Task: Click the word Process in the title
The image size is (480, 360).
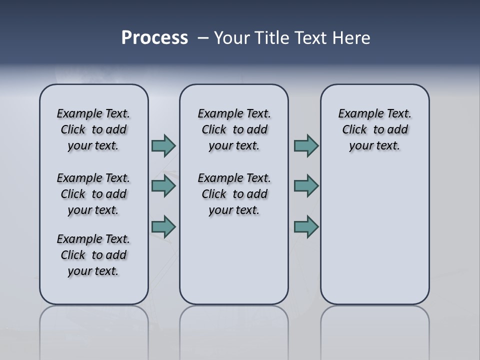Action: coord(154,38)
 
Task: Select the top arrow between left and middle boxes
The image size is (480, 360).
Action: coord(163,145)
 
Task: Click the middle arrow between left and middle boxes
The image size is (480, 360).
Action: coord(163,186)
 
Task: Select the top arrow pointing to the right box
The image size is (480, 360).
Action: coord(306,145)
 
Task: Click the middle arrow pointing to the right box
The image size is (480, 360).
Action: coord(306,186)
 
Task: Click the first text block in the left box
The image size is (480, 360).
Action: coord(93,129)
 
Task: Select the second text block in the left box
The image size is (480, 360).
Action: coord(93,194)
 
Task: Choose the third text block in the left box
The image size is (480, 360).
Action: coord(93,255)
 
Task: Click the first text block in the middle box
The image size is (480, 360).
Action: coord(234,129)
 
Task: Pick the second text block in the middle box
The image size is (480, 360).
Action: coord(234,194)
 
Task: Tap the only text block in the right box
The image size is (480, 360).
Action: coord(374,129)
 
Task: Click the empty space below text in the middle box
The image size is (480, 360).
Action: coord(234,260)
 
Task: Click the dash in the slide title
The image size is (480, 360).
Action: coord(203,38)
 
